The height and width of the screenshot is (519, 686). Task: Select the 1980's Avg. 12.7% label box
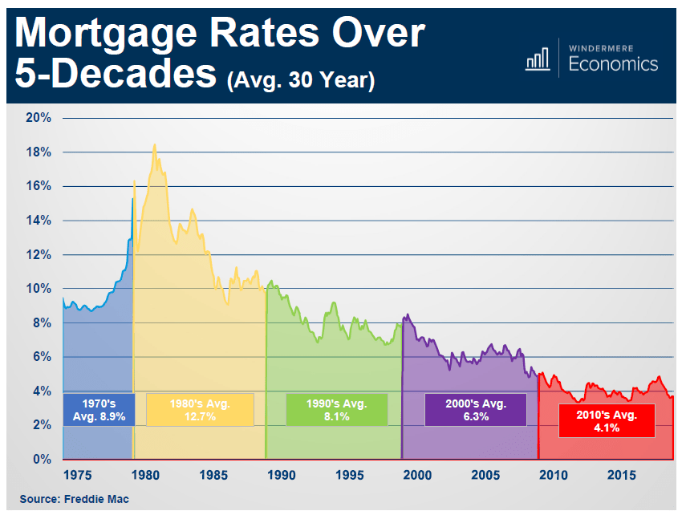pyautogui.click(x=200, y=409)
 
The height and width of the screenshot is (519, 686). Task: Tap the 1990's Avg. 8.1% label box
pyautogui.click(x=337, y=409)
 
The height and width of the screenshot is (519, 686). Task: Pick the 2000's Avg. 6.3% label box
pyautogui.click(x=475, y=409)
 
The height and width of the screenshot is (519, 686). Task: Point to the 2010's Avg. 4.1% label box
pyautogui.click(x=607, y=420)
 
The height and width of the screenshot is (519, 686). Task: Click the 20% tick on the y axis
pyautogui.click(x=39, y=118)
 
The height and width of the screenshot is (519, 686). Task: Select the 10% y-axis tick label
pyautogui.click(x=39, y=289)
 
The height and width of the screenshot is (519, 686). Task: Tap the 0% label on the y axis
pyautogui.click(x=42, y=460)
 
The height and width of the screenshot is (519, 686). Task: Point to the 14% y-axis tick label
pyautogui.click(x=39, y=221)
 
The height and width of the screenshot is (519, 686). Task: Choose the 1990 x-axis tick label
pyautogui.click(x=281, y=476)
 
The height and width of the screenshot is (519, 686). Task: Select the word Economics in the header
pyautogui.click(x=613, y=64)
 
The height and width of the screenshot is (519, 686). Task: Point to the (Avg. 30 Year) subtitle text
pyautogui.click(x=301, y=80)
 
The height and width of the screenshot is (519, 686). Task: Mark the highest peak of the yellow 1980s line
pyautogui.click(x=154, y=145)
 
